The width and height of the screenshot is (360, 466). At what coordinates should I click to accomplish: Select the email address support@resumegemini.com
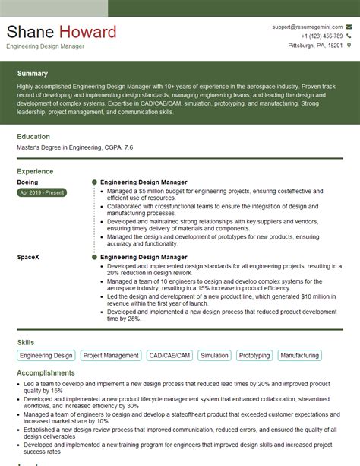pyautogui.click(x=307, y=27)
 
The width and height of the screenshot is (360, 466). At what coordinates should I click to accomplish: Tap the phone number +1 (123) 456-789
pyautogui.click(x=321, y=36)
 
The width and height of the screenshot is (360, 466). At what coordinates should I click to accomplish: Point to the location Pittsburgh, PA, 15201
pyautogui.click(x=316, y=46)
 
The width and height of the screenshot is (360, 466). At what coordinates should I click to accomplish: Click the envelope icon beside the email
pyautogui.click(x=349, y=27)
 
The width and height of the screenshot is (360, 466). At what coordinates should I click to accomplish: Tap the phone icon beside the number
pyautogui.click(x=349, y=36)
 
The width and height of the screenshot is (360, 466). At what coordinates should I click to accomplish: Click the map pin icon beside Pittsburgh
pyautogui.click(x=349, y=46)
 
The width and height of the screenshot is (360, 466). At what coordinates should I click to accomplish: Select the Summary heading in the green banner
pyautogui.click(x=32, y=74)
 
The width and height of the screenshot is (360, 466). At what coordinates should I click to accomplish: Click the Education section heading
pyautogui.click(x=33, y=137)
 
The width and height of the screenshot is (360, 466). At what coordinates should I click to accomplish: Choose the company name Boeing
pyautogui.click(x=27, y=182)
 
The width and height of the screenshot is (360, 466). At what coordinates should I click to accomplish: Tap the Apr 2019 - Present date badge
pyautogui.click(x=43, y=194)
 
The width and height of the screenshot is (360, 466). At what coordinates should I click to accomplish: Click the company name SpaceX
pyautogui.click(x=28, y=258)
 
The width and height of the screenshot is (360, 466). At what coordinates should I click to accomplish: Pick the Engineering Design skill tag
pyautogui.click(x=46, y=355)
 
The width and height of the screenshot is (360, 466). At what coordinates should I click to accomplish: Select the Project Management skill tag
pyautogui.click(x=111, y=355)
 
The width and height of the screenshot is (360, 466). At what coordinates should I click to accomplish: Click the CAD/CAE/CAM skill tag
pyautogui.click(x=169, y=355)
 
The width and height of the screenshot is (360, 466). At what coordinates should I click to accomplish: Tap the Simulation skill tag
pyautogui.click(x=214, y=355)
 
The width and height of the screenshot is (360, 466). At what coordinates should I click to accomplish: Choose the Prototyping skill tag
pyautogui.click(x=254, y=355)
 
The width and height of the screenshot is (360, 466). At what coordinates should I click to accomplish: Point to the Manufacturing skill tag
pyautogui.click(x=299, y=355)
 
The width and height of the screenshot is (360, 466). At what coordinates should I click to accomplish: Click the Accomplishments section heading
pyautogui.click(x=46, y=373)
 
